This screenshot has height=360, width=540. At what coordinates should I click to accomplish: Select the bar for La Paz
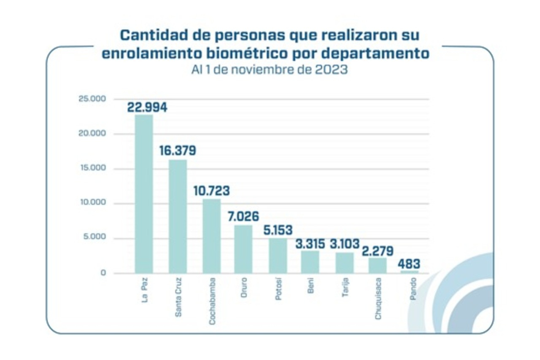[144, 194]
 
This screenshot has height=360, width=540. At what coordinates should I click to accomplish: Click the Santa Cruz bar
[178, 216]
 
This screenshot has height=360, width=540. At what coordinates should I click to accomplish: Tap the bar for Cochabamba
[212, 236]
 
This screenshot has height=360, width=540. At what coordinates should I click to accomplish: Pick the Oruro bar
[243, 249]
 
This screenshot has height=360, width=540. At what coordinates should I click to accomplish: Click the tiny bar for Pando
[410, 272]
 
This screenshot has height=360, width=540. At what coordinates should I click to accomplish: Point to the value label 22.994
[147, 107]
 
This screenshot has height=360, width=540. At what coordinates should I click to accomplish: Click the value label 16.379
[178, 150]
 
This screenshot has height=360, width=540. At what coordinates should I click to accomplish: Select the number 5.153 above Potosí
[278, 230]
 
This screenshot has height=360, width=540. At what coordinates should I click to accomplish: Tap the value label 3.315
[310, 244]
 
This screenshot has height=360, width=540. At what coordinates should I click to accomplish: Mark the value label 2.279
[378, 251]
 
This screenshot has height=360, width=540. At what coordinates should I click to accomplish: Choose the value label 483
[409, 263]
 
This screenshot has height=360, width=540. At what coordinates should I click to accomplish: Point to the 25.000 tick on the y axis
[92, 99]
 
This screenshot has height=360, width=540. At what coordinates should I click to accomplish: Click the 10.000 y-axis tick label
[93, 202]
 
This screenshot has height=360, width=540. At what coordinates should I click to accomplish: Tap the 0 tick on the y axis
[103, 273]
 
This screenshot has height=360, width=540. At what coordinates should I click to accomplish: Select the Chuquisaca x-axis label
[378, 299]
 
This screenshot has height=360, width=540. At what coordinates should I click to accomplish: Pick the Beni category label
[310, 285]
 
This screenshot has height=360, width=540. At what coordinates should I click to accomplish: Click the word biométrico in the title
[247, 53]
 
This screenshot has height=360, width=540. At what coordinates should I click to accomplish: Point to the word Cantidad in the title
[154, 35]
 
